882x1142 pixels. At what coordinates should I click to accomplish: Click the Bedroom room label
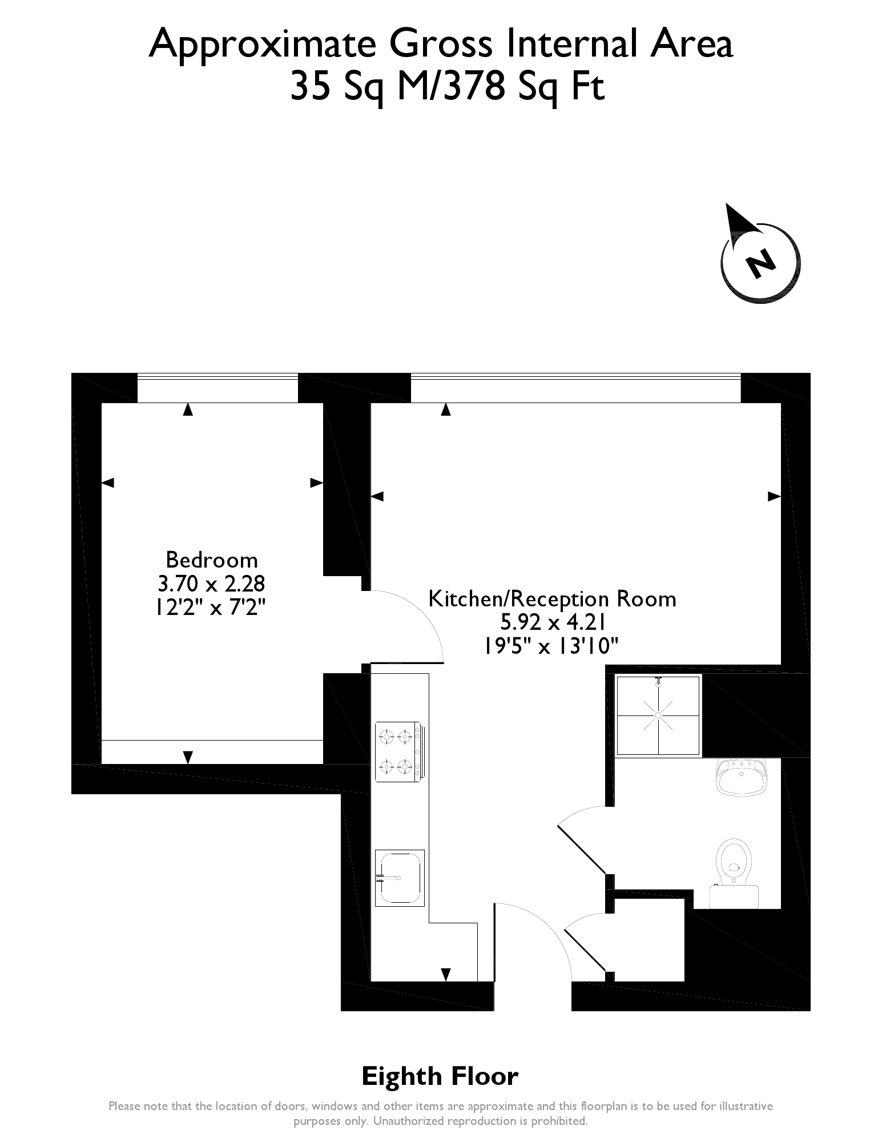pos(211,560)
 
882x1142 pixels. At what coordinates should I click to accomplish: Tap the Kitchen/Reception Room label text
pos(552,599)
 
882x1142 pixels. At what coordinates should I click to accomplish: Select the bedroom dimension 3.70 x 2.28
pos(211,584)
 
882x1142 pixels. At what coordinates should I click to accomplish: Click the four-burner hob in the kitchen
pos(398,751)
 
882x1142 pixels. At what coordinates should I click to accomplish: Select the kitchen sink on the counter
pos(399,878)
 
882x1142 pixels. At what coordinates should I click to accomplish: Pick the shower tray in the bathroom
pos(658,715)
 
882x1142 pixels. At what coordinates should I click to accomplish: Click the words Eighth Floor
pos(440,1077)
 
